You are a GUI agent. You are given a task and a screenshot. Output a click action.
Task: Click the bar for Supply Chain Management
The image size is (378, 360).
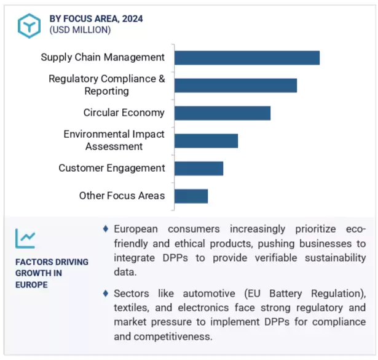tap(246, 58)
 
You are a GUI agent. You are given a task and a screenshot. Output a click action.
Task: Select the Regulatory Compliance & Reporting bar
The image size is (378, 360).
tap(235, 86)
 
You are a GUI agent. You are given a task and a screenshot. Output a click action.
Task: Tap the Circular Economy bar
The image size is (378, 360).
tap(222, 113)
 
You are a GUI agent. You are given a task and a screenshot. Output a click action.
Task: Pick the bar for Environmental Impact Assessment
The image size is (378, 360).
tap(206, 140)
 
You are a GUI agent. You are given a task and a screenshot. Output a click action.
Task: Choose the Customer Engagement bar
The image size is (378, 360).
tap(199, 168)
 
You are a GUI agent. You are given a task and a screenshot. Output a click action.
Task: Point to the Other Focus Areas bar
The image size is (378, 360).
tap(191, 196)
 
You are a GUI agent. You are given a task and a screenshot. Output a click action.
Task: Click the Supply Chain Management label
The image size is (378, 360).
tap(103, 57)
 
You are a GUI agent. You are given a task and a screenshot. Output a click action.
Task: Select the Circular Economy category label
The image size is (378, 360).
tap(124, 113)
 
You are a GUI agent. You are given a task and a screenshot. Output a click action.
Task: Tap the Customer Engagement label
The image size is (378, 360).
tap(112, 168)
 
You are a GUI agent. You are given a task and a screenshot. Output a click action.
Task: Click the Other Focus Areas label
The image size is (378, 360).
tap(122, 196)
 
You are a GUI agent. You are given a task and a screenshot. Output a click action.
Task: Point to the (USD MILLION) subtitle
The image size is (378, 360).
tap(80, 30)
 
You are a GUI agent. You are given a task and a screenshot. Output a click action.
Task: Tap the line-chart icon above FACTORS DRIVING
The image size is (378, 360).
tap(26, 238)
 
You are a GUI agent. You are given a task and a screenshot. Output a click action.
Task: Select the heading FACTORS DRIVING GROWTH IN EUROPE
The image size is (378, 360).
tap(52, 273)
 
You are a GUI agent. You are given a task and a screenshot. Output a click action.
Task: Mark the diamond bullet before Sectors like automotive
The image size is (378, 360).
tap(106, 292)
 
